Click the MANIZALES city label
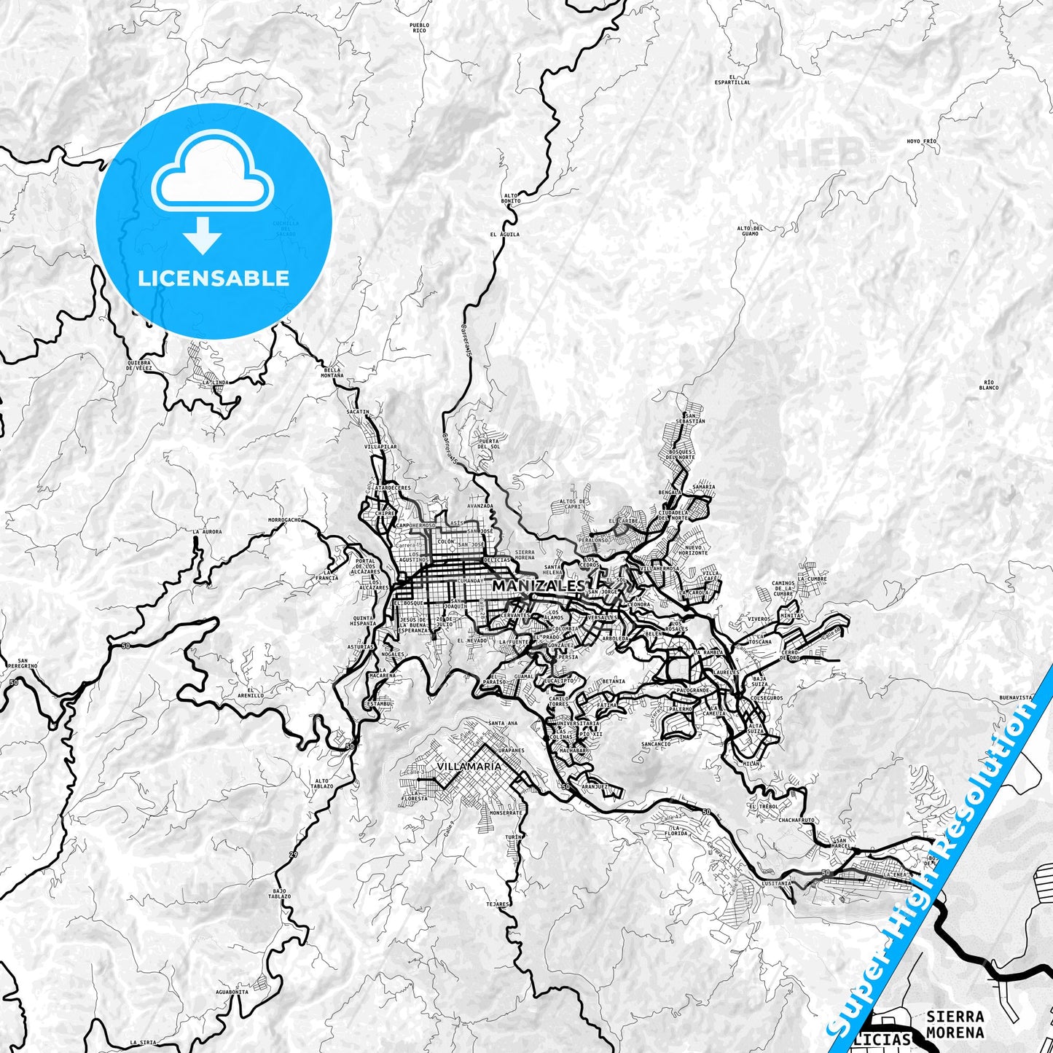click(x=538, y=586)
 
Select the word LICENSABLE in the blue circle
click(x=214, y=278)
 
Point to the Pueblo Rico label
click(x=420, y=28)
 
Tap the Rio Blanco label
click(x=989, y=385)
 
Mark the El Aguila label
click(x=505, y=235)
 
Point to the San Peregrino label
click(x=23, y=663)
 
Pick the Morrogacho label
click(x=284, y=520)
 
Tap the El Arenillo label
click(x=254, y=692)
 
